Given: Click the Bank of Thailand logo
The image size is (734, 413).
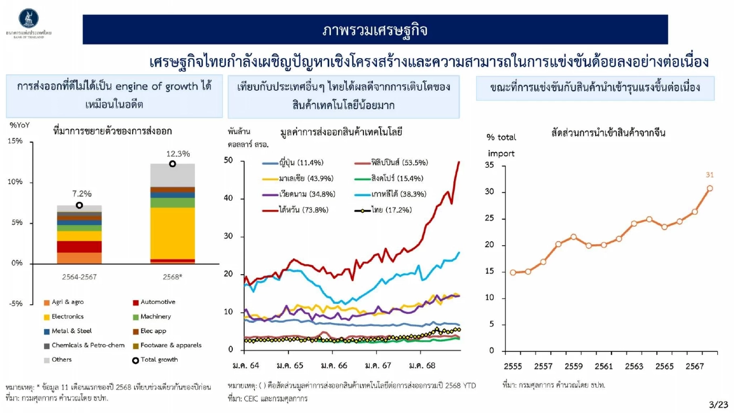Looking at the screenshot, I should click(28, 18).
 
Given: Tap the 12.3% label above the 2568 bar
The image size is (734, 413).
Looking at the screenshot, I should click(178, 154).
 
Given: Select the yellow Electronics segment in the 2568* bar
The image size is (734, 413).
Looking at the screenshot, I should click(172, 233).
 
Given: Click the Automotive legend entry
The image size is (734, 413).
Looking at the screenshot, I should click(154, 302).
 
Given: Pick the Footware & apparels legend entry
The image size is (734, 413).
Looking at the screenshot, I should click(167, 345).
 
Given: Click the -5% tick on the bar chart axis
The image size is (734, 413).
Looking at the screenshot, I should click(16, 304).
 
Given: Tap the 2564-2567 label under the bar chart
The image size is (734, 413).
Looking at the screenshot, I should click(79, 276).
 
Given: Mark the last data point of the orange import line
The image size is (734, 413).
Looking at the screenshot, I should click(709, 188).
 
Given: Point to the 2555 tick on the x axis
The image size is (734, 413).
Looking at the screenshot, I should click(513, 366).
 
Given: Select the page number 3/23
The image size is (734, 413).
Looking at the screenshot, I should click(718, 405).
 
